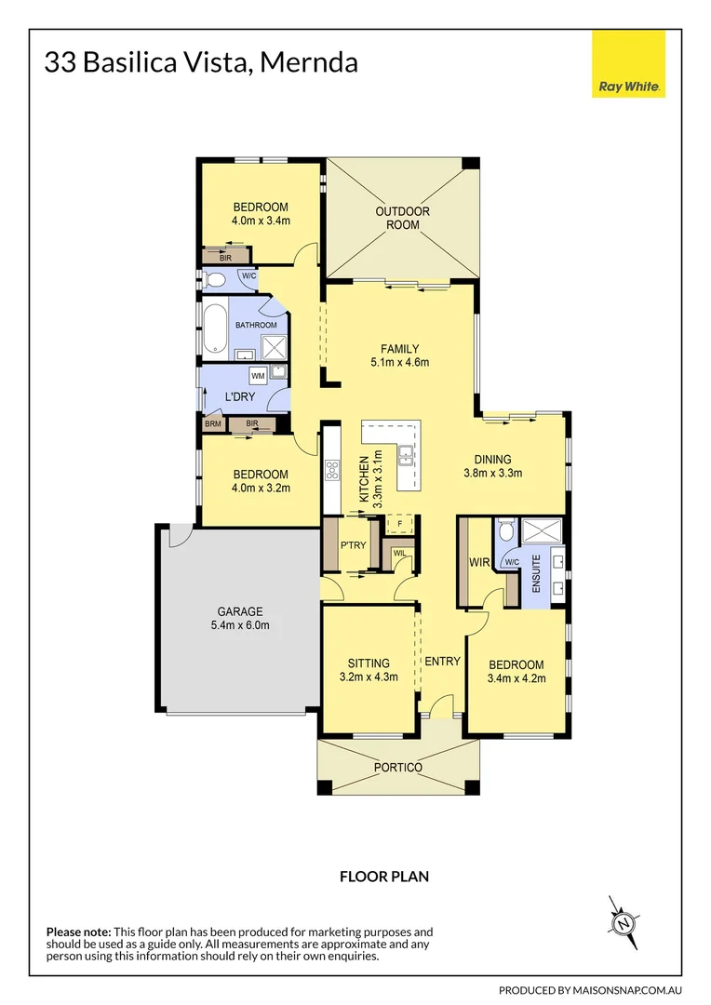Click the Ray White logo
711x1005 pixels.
[628, 64]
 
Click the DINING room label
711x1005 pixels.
[492, 458]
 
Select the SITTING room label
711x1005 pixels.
[368, 663]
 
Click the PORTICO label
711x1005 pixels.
[398, 767]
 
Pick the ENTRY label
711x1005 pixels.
[443, 662]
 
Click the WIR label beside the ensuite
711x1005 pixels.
[480, 563]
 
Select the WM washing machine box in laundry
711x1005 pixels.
[257, 374]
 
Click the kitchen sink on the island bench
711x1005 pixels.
[407, 455]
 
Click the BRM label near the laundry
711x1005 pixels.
[213, 424]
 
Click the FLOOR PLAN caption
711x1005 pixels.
[383, 876]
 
